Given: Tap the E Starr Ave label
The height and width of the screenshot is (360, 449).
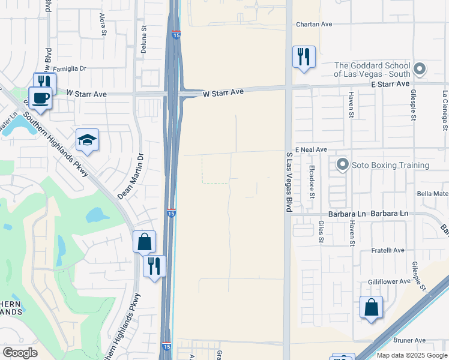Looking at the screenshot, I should pos(390,84).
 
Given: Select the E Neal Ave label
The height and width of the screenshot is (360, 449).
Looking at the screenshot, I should pos(310,149).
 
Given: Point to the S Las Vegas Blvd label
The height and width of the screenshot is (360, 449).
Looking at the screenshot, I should pos(289,181).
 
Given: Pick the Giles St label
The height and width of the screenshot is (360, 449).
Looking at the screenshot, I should pos(321,232).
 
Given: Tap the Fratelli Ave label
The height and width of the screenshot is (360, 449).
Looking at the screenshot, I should pos(387,250).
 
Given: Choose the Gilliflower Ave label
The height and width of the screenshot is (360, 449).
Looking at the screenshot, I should pos(389,281).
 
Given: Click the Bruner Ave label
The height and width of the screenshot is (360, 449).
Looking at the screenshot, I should pos(411,340).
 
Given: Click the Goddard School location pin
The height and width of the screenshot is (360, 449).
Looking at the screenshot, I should pos(420,69).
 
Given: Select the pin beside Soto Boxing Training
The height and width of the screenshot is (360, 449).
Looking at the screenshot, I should pos(343,164).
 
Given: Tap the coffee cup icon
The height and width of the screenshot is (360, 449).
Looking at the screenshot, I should pos(40,98).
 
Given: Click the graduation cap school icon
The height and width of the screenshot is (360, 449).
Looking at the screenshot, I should pos(87,140).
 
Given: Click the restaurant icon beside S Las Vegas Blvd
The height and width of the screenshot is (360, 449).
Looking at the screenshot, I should pos(304,57).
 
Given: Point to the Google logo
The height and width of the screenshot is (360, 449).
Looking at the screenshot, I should pos(20,353).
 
